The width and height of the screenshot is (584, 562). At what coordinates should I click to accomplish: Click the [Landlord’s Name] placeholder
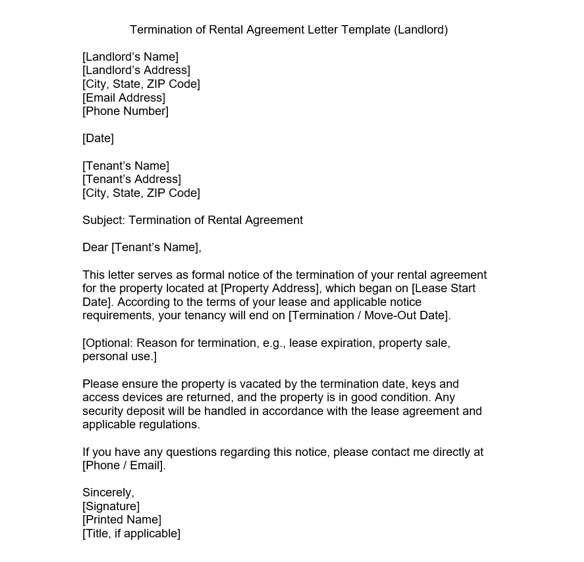tap(130, 57)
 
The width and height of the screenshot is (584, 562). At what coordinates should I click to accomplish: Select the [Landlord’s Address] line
tap(136, 71)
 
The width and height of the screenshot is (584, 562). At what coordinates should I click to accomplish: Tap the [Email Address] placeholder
tap(124, 98)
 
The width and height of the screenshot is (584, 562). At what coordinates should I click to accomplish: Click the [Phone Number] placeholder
tap(125, 111)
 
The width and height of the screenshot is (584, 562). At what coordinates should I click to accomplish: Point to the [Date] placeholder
tap(98, 138)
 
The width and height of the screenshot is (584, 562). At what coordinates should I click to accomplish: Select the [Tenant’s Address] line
tap(132, 179)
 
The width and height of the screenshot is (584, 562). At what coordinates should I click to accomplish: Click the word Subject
tap(104, 220)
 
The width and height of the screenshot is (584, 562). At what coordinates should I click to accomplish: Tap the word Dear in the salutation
tap(95, 247)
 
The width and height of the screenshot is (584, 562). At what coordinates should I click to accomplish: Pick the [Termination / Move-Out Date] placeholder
tap(369, 315)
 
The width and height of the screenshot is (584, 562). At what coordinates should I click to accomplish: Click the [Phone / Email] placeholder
tap(123, 465)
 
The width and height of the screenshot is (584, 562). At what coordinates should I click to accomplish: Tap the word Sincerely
tap(108, 492)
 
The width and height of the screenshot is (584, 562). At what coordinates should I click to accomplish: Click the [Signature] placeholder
tap(111, 506)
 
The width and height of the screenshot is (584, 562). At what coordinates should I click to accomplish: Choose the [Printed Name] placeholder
tap(122, 520)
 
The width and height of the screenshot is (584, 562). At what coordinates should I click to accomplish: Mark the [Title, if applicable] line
tap(131, 533)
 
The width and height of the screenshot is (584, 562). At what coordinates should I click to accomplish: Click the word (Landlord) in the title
tap(421, 30)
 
